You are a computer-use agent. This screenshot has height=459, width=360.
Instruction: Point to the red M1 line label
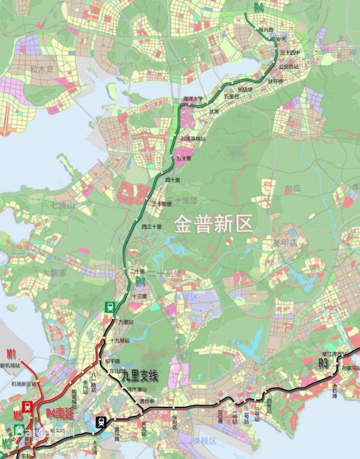tap(11, 353)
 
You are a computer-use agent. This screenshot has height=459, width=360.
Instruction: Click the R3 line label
tap(323, 363)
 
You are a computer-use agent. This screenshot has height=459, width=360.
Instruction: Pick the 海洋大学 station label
tap(193, 99)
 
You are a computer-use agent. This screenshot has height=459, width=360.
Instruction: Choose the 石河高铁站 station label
tap(193, 139)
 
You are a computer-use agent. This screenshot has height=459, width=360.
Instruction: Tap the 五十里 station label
tap(184, 157)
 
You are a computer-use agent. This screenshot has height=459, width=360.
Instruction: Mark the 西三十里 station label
tap(152, 226)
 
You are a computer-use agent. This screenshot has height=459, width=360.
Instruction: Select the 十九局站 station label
tap(120, 340)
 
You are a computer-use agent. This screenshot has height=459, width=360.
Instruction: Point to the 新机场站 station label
tap(10, 366)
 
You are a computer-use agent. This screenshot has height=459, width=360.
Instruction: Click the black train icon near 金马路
tap(102, 421)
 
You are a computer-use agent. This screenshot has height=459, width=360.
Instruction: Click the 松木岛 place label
tap(42, 69)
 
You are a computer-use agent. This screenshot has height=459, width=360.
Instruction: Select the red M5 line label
tap(18, 416)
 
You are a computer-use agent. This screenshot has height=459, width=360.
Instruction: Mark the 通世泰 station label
tap(147, 401)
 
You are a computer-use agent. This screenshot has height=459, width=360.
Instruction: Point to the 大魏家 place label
tap(54, 272)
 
